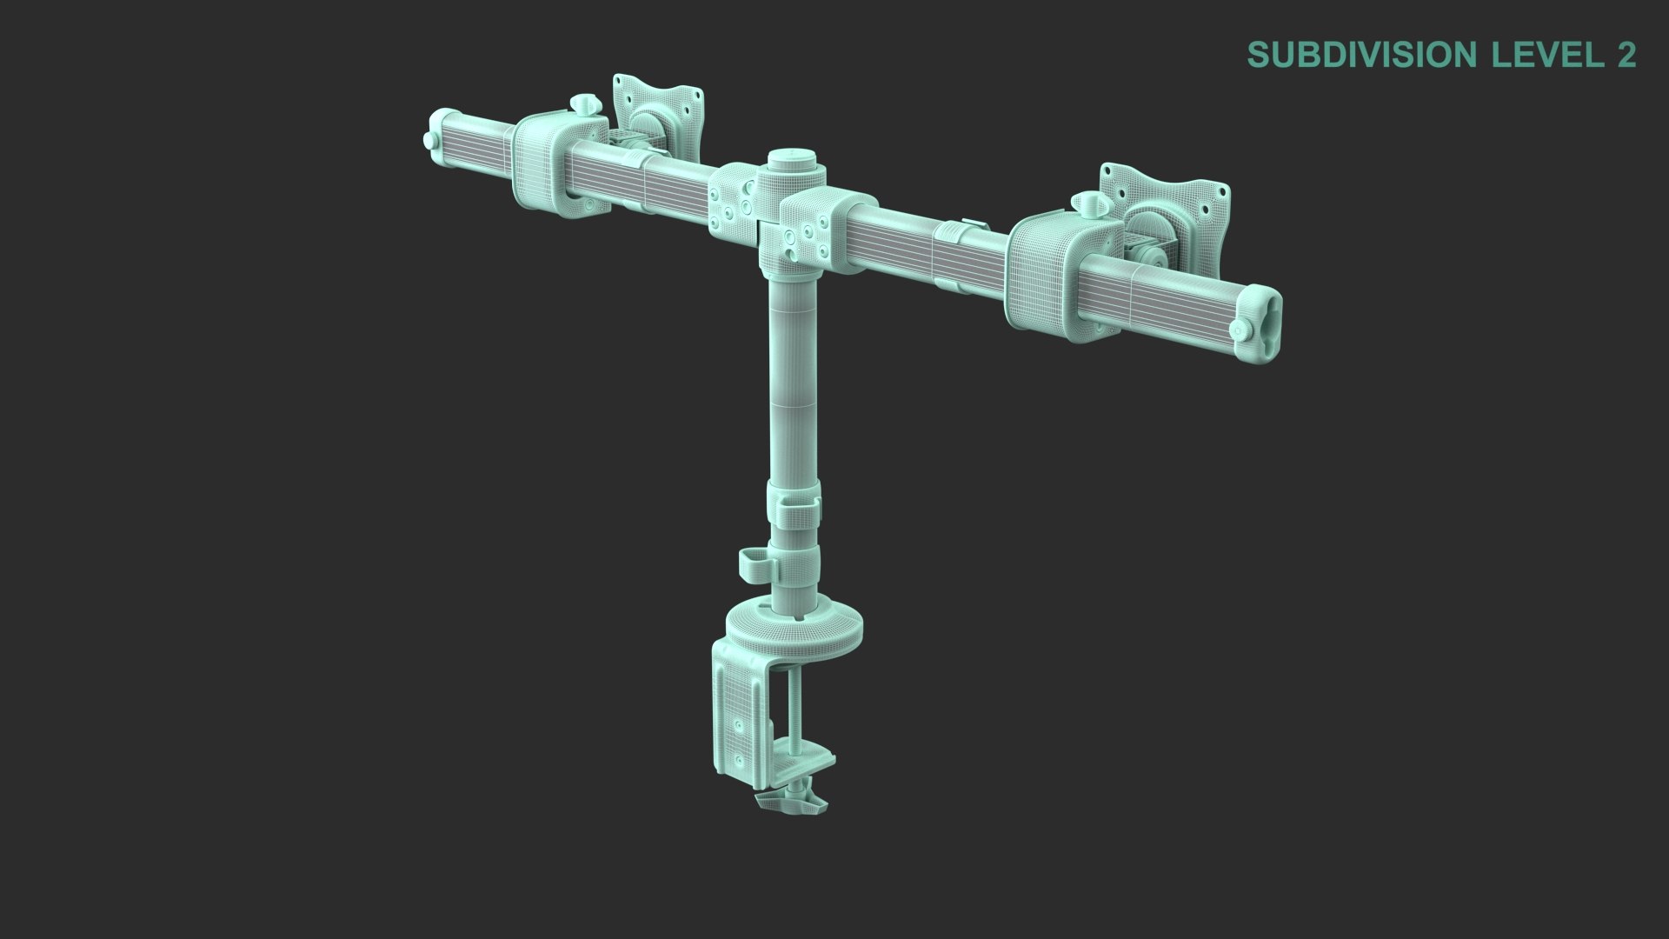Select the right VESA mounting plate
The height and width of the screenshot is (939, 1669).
pyautogui.click(x=1165, y=209)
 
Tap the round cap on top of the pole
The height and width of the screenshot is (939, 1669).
pyautogui.click(x=791, y=160)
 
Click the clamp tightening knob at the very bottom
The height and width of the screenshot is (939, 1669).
pyautogui.click(x=791, y=800)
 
